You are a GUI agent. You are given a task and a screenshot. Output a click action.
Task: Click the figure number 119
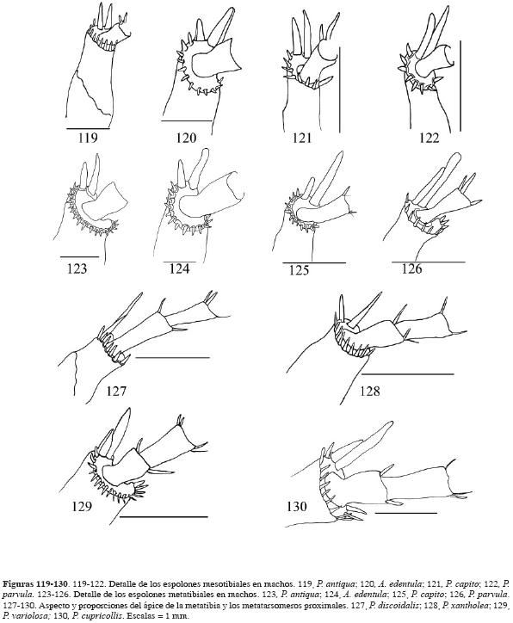point(88,138)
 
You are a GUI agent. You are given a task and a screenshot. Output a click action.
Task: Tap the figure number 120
point(187,138)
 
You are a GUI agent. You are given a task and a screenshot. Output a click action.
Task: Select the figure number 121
point(302,138)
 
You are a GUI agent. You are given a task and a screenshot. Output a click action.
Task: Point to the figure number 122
point(430,138)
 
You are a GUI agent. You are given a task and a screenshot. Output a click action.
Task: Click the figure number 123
point(77,269)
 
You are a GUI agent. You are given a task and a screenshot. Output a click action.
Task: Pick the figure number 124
point(179,269)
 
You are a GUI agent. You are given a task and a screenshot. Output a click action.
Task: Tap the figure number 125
point(299,270)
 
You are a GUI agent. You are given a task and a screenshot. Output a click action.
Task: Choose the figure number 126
point(411,269)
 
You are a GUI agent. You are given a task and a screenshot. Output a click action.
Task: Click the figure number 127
point(116,392)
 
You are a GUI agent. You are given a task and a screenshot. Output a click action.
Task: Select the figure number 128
point(370,392)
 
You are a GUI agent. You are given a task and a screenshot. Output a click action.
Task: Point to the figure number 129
point(83,506)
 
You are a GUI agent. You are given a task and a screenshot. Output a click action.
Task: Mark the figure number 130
point(297,506)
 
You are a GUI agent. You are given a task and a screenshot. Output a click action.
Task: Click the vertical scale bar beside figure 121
point(340,89)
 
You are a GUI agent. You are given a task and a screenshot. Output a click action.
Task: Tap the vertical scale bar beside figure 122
point(460,85)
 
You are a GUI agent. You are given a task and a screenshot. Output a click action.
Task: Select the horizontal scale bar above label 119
point(88,129)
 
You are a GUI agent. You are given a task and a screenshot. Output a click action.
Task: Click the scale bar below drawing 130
point(405,513)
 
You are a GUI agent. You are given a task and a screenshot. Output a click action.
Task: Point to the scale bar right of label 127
point(172,358)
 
